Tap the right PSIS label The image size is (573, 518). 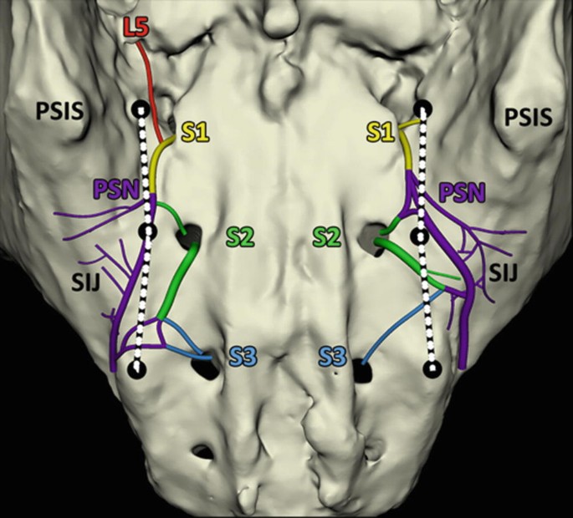(x=528, y=116)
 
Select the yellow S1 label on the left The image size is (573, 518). (x=194, y=131)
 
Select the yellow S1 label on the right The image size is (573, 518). (x=381, y=131)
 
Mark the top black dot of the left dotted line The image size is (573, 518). (x=141, y=109)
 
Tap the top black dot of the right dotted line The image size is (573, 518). (x=423, y=109)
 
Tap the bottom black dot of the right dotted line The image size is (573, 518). (x=432, y=368)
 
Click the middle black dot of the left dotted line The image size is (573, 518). (x=148, y=231)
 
